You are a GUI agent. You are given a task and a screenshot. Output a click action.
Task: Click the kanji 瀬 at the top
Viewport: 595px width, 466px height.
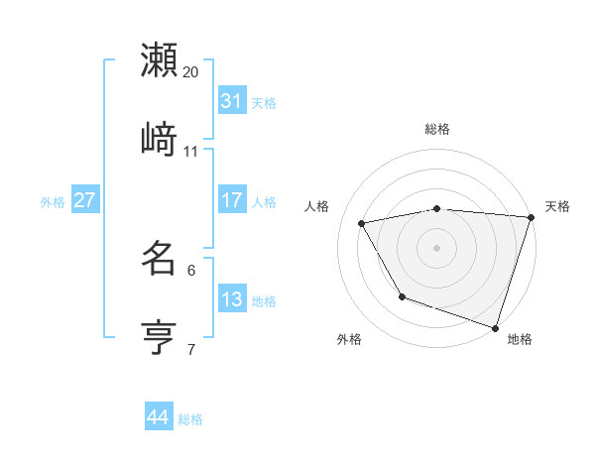(x=159, y=60)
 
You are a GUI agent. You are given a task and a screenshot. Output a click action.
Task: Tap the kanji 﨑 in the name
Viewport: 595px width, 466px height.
(x=159, y=140)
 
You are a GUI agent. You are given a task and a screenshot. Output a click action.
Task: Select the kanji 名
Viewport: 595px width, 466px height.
(x=159, y=259)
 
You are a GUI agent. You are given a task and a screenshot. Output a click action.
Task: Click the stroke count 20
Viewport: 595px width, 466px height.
(x=191, y=71)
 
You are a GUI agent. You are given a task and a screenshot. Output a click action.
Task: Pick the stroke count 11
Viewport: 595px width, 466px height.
(x=191, y=151)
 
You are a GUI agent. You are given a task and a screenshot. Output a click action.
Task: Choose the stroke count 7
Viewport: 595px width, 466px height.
(x=191, y=349)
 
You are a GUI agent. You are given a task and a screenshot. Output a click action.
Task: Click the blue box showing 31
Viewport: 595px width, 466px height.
(x=232, y=100)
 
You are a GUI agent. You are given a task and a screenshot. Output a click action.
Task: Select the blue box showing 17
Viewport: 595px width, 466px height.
(x=232, y=199)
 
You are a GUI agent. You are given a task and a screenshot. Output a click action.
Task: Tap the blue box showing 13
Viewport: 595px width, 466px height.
(x=232, y=298)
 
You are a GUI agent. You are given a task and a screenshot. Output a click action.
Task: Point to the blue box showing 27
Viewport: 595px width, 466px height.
(x=84, y=199)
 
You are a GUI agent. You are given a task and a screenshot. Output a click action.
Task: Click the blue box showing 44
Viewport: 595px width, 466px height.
(x=158, y=417)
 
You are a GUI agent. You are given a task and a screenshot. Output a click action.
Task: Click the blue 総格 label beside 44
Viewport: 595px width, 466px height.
(x=190, y=419)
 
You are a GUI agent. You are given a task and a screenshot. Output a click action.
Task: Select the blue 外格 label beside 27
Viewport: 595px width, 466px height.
(x=53, y=201)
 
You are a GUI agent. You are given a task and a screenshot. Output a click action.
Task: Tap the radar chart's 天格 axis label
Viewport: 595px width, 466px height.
(x=557, y=206)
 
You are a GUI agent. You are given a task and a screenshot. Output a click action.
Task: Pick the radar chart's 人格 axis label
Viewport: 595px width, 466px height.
(x=317, y=206)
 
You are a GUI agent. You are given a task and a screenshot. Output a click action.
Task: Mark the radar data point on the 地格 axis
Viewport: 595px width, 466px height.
(x=495, y=327)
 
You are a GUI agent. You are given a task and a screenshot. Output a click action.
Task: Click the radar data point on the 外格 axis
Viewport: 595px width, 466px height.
(x=402, y=296)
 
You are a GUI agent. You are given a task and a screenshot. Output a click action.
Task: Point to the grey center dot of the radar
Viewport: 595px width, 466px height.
(x=436, y=248)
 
